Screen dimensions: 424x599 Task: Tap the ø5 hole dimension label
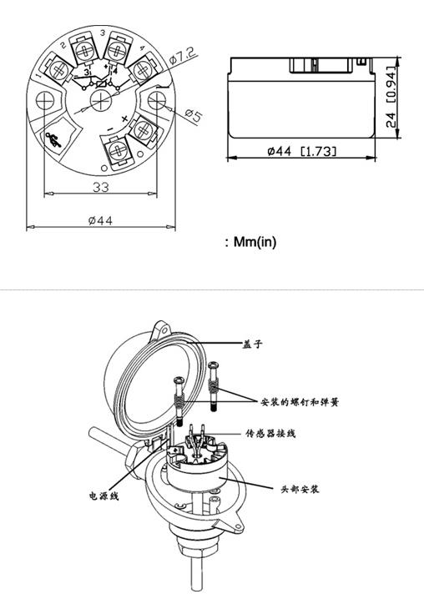[x=194, y=115]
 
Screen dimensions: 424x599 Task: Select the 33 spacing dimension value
[x=101, y=187]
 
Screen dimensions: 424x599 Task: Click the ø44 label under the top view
[x=100, y=220]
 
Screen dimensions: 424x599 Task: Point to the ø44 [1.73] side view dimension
[x=301, y=151]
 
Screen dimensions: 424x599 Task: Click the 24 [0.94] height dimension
[x=391, y=97]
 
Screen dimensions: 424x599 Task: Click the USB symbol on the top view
[x=53, y=139]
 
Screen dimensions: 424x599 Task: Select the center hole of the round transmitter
[x=101, y=100]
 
